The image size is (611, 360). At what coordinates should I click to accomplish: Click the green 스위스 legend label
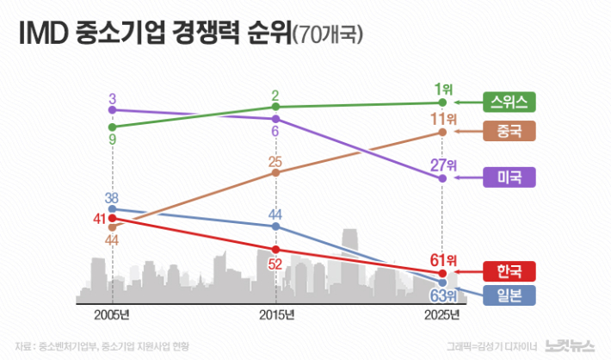click(x=510, y=102)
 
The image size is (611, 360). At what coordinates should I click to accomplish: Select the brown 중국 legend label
click(x=510, y=131)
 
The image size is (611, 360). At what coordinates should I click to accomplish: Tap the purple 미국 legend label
click(x=510, y=177)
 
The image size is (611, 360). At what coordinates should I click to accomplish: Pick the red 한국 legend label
click(x=510, y=270)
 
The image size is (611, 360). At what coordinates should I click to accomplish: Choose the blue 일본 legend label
click(x=510, y=296)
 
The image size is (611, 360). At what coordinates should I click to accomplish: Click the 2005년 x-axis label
click(x=114, y=315)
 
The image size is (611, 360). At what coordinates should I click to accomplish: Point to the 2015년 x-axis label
click(x=276, y=315)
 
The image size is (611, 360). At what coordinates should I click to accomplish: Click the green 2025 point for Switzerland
click(x=442, y=102)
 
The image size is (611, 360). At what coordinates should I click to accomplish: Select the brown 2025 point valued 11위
click(x=442, y=132)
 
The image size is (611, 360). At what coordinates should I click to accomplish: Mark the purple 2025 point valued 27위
click(x=442, y=178)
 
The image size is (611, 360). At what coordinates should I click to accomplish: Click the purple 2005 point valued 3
click(x=113, y=110)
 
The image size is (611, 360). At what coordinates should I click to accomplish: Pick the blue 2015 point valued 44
click(x=276, y=226)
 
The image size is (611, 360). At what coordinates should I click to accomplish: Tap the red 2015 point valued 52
click(x=276, y=250)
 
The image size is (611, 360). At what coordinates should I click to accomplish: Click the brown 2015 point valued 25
click(x=276, y=172)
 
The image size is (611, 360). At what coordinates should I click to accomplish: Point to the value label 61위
click(x=444, y=258)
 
